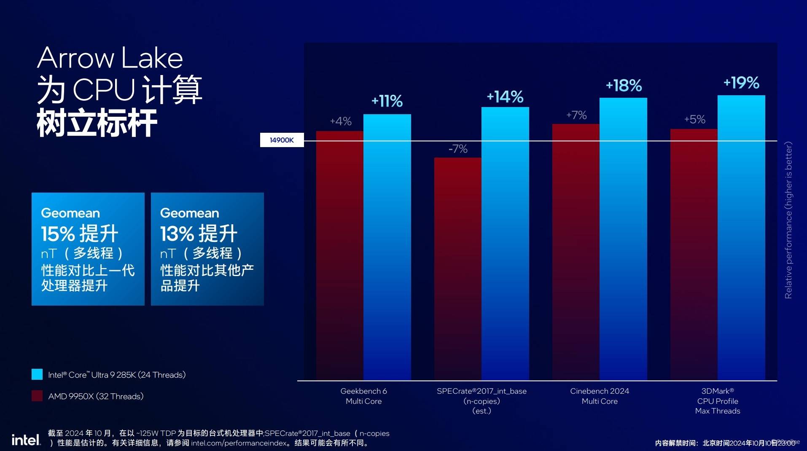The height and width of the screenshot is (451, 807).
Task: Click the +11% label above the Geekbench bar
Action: click(387, 101)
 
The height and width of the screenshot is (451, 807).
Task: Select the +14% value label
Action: click(505, 97)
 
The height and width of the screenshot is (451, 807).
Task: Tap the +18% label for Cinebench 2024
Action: click(624, 86)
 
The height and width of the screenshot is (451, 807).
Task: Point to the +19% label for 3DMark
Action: click(741, 83)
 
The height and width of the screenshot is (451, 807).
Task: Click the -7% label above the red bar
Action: click(458, 149)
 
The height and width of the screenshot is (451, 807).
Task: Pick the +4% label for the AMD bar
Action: click(341, 121)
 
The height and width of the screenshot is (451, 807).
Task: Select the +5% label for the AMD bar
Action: click(694, 119)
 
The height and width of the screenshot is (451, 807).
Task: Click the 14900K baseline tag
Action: click(282, 140)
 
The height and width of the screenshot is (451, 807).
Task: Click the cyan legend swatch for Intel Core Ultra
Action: click(37, 374)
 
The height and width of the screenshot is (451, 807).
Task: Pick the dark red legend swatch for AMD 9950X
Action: click(37, 396)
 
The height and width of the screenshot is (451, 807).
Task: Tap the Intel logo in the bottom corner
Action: click(26, 440)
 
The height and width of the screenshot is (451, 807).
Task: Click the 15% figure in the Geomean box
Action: click(58, 234)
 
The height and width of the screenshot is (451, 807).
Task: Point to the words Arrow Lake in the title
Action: click(110, 58)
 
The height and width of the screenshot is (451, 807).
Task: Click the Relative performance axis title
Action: click(788, 220)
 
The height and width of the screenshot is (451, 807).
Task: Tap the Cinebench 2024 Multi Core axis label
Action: click(600, 396)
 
